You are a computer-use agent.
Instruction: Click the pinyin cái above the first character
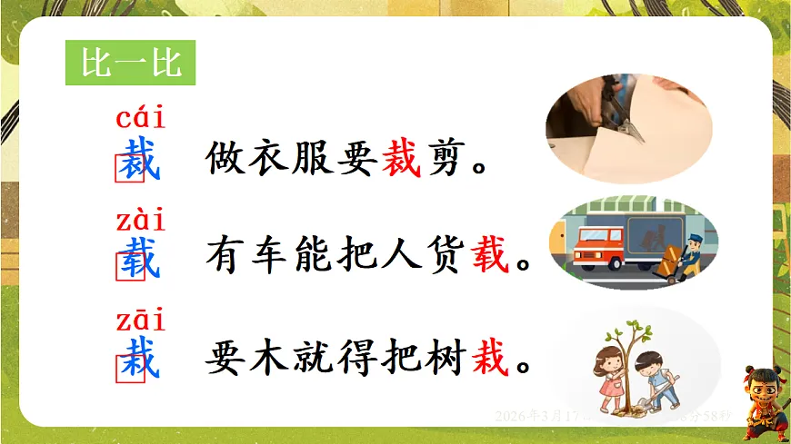(141, 119)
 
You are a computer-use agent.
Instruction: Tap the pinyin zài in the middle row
(141, 221)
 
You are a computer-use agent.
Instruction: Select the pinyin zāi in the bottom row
(141, 321)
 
